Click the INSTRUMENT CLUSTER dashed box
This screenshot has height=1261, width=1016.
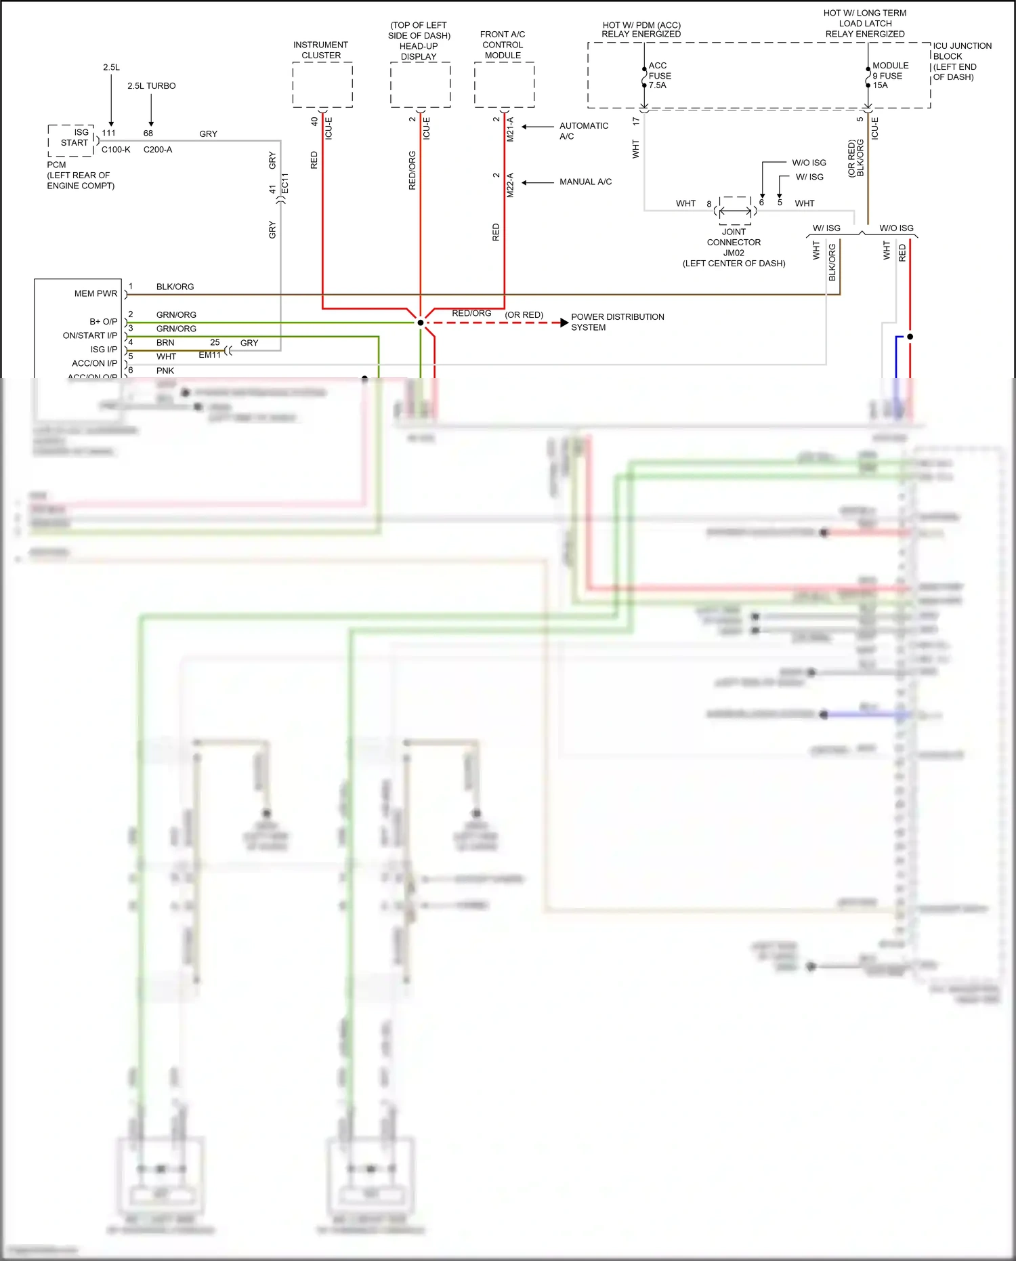pyautogui.click(x=322, y=85)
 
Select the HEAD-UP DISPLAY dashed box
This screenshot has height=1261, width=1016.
pyautogui.click(x=420, y=85)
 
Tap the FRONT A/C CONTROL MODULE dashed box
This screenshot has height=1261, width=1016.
pyautogui.click(x=504, y=85)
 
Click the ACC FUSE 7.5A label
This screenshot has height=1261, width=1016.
pyautogui.click(x=659, y=75)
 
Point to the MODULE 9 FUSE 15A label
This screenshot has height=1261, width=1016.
pyautogui.click(x=889, y=75)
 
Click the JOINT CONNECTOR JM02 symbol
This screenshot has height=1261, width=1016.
pyautogui.click(x=735, y=211)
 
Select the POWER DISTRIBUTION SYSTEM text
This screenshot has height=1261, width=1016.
pyautogui.click(x=617, y=322)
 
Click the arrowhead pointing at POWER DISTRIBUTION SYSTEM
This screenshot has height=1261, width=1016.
pyautogui.click(x=564, y=323)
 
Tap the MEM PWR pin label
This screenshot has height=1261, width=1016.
pyautogui.click(x=96, y=293)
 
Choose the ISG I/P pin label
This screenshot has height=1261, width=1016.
pyautogui.click(x=104, y=350)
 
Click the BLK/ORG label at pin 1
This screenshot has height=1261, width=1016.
pyautogui.click(x=175, y=287)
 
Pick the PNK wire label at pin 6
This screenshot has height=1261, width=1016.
pyautogui.click(x=165, y=371)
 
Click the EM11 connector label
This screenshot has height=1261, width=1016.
pyautogui.click(x=209, y=355)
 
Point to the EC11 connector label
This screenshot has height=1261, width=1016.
pyautogui.click(x=285, y=184)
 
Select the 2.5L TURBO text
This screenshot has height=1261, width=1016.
pyautogui.click(x=151, y=86)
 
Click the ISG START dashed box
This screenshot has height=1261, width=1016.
pyautogui.click(x=71, y=140)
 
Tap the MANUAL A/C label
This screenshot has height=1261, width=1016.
pyautogui.click(x=585, y=182)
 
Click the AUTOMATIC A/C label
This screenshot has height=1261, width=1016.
pyautogui.click(x=583, y=131)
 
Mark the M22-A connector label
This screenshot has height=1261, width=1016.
pyautogui.click(x=510, y=185)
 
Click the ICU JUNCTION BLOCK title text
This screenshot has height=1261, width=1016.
pyautogui.click(x=961, y=51)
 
